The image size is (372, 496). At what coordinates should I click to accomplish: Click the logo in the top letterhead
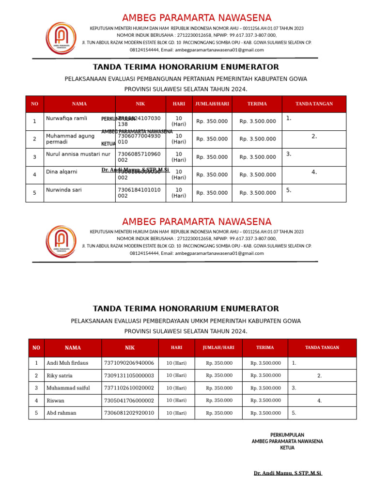click(x=61, y=38)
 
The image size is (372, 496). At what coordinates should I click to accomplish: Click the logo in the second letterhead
click(x=61, y=241)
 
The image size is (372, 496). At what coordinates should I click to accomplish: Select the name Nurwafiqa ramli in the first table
click(x=66, y=119)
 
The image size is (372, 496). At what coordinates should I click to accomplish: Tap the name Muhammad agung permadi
click(x=70, y=139)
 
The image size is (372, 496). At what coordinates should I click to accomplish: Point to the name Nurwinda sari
click(x=64, y=190)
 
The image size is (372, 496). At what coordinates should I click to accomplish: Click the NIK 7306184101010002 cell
click(x=139, y=193)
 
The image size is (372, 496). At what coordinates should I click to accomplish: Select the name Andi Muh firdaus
click(x=67, y=363)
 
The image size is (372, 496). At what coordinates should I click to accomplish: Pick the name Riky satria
click(x=60, y=375)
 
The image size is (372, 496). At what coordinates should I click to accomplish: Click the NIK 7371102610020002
click(x=129, y=388)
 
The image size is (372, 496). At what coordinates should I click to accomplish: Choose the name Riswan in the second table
click(x=55, y=401)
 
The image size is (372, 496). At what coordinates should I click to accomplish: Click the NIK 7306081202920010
click(x=129, y=413)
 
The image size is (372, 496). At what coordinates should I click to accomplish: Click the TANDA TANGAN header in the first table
click(x=314, y=104)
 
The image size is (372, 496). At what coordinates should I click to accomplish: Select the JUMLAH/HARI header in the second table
click(x=218, y=348)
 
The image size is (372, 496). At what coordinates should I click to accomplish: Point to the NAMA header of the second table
click(x=73, y=348)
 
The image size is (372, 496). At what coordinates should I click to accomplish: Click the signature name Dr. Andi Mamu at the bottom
click(x=288, y=473)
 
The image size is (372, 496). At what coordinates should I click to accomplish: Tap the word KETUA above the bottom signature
click(x=287, y=448)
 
